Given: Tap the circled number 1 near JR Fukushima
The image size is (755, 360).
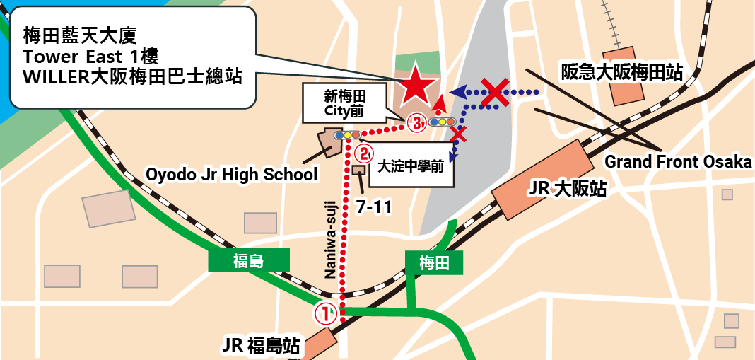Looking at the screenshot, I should [325, 313].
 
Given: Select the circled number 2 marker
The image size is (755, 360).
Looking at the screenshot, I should [363, 151].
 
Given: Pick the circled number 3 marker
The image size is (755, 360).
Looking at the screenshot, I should [417, 124].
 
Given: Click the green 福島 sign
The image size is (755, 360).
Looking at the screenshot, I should [248, 261].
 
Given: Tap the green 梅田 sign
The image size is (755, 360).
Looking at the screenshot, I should [434, 263].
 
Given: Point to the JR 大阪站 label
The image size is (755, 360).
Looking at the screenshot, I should [568, 190].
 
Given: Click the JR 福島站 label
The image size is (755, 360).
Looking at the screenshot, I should [261, 346].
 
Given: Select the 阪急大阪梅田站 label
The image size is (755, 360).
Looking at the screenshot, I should [621, 72].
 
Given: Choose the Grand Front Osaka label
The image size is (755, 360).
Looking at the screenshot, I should [677, 162].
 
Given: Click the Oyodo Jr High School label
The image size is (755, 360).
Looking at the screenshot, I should [231, 174].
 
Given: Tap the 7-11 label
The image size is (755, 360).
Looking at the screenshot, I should [373, 207].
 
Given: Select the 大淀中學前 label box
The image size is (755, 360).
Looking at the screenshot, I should [411, 168].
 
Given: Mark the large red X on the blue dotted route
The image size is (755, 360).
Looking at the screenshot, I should [496, 91].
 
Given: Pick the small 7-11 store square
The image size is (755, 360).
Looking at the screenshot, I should [358, 170].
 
